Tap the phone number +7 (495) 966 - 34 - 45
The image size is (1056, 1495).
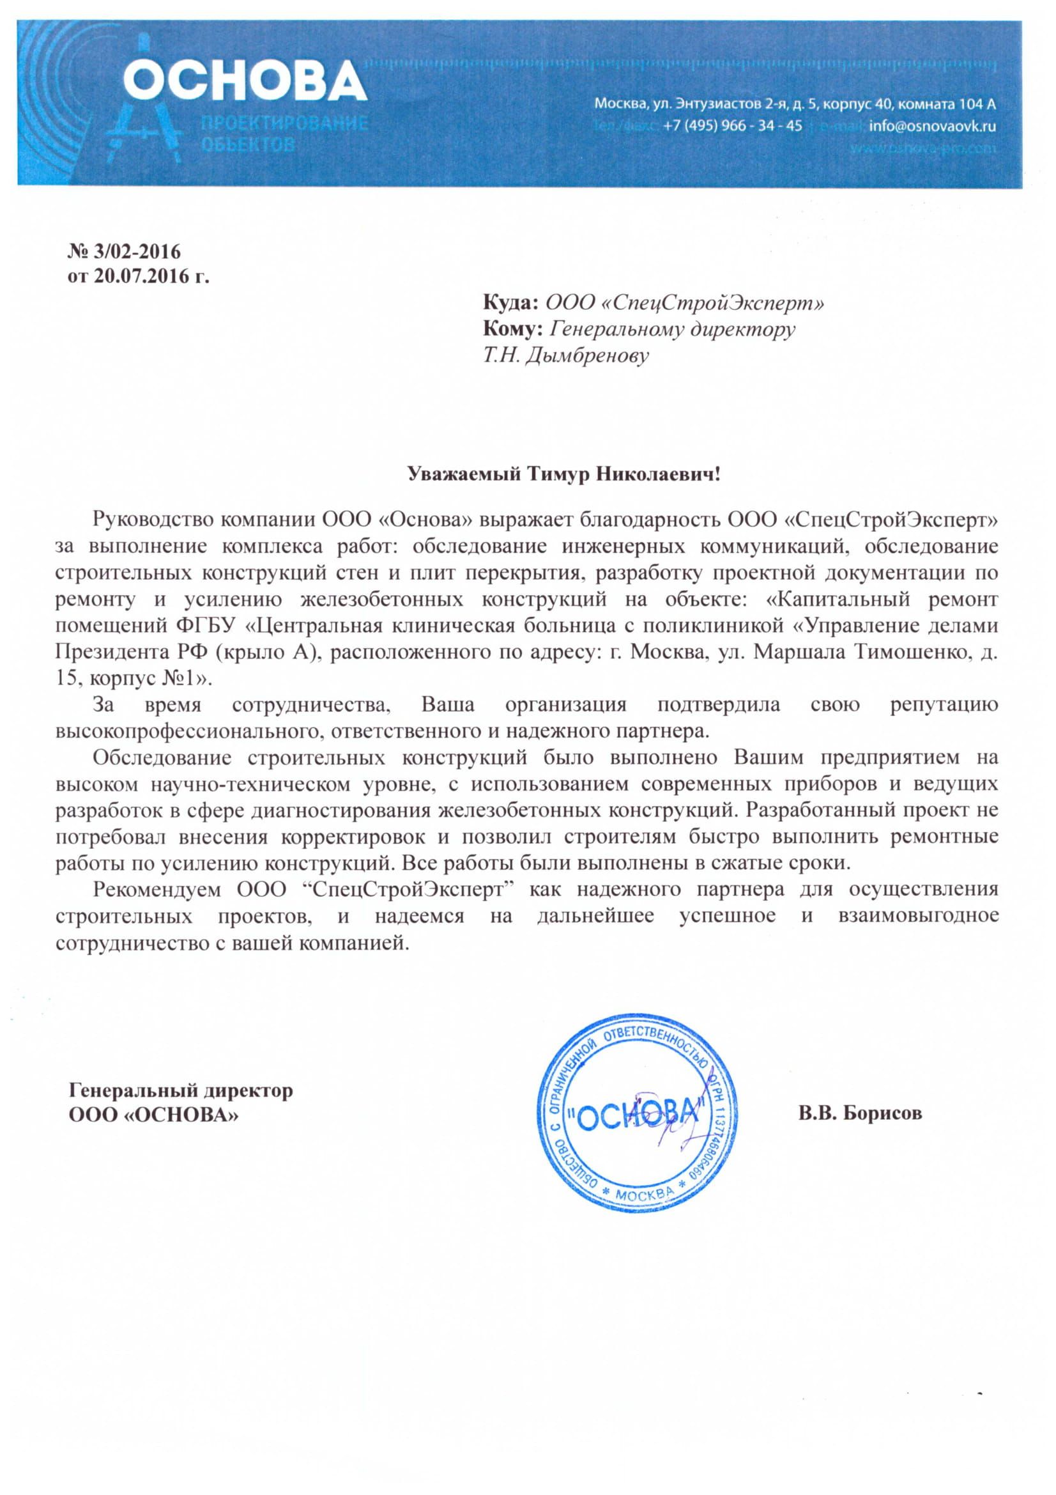click(x=732, y=126)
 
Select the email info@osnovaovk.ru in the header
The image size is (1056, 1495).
click(x=931, y=126)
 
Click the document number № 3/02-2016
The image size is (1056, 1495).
click(x=124, y=251)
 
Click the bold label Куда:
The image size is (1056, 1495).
click(x=511, y=303)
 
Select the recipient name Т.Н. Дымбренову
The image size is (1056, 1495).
click(x=565, y=355)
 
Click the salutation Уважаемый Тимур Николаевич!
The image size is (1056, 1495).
click(x=528, y=474)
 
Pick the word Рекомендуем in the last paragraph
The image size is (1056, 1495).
click(x=157, y=890)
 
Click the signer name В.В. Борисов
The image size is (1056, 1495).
click(x=860, y=1113)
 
